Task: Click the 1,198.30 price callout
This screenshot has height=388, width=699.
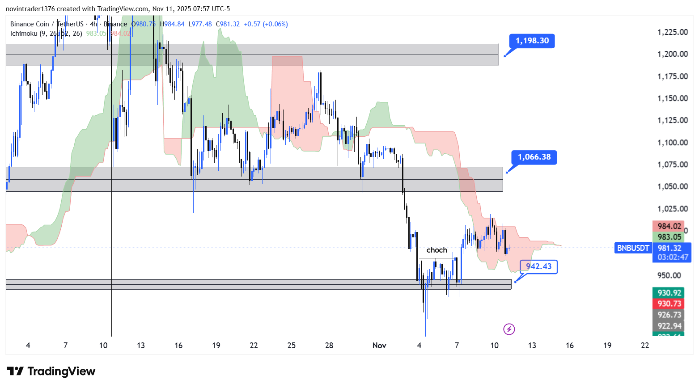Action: coord(532,41)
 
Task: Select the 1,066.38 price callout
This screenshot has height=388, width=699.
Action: coord(534,157)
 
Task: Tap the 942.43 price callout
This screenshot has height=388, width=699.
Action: coord(538,266)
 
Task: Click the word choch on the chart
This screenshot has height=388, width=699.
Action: coord(436,250)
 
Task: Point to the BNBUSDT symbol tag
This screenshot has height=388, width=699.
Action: coord(633,248)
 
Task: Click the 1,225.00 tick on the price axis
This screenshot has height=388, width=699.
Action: coord(672,32)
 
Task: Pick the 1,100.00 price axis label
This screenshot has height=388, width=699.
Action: coord(672,143)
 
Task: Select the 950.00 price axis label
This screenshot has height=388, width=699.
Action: coord(669,275)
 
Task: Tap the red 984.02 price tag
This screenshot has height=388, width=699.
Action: coord(669,226)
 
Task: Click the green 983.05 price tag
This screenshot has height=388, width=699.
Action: coord(669,237)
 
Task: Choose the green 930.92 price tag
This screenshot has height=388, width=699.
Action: coord(669,293)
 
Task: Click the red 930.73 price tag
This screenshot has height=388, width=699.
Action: coord(669,304)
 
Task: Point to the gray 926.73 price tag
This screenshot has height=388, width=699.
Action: coord(669,315)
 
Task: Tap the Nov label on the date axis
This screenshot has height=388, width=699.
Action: coord(379,346)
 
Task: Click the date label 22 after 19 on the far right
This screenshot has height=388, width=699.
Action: coord(644,346)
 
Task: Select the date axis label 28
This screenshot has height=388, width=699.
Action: coord(329,346)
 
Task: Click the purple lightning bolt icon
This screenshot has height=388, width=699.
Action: coord(509,329)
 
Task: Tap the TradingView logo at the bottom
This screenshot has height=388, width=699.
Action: coord(51,371)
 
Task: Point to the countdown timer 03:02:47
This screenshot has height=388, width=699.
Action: coord(673,257)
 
